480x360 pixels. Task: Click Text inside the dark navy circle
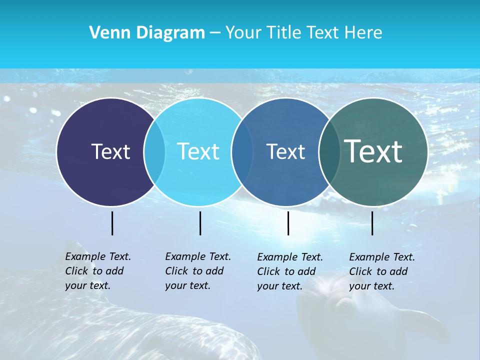(x=110, y=151)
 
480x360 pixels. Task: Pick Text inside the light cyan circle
(x=198, y=151)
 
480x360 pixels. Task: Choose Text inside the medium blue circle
(x=285, y=151)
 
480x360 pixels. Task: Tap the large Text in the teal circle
(x=373, y=151)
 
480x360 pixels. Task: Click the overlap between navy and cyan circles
(x=154, y=152)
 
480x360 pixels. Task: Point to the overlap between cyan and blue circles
(x=241, y=152)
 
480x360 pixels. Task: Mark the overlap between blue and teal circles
(x=328, y=152)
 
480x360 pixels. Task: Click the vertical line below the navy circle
(x=112, y=223)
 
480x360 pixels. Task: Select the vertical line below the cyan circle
(x=200, y=223)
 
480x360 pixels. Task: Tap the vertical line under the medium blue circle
(x=288, y=223)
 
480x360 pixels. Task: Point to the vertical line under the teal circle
(x=372, y=223)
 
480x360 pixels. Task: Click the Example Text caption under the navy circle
(x=97, y=271)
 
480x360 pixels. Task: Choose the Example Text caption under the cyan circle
(x=197, y=271)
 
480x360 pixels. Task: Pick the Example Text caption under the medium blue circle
(x=289, y=271)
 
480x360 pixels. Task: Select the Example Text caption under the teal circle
(x=381, y=271)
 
